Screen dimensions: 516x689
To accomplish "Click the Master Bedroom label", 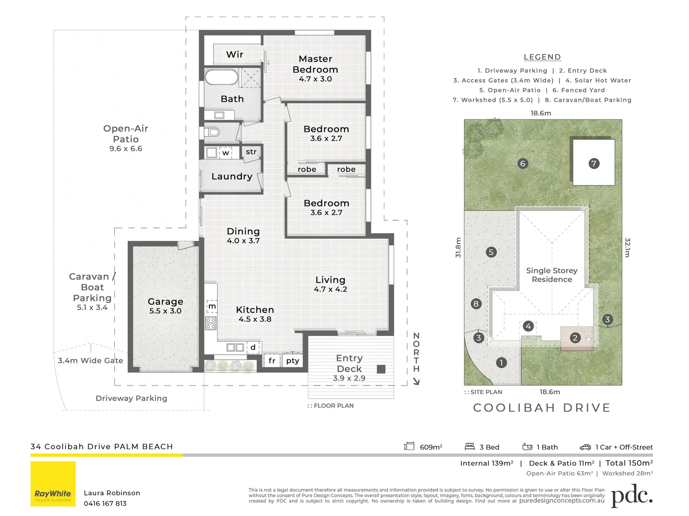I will pyautogui.click(x=315, y=64).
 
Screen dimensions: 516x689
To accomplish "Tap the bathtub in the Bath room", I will pyautogui.click(x=221, y=77).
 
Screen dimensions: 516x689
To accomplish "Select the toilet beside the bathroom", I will pyautogui.click(x=212, y=132).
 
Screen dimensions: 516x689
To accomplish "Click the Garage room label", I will pyautogui.click(x=165, y=301).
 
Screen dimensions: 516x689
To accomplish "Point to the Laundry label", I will pyautogui.click(x=231, y=176).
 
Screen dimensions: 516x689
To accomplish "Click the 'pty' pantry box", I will pyautogui.click(x=292, y=361).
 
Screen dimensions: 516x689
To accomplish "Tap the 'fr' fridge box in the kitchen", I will pyautogui.click(x=272, y=361).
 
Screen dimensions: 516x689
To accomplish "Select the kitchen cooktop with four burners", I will pyautogui.click(x=211, y=323).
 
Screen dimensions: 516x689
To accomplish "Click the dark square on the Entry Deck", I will pyautogui.click(x=381, y=369).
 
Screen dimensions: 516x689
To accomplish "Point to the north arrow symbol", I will pyautogui.click(x=416, y=381).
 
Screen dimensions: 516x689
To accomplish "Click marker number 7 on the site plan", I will pyautogui.click(x=593, y=163).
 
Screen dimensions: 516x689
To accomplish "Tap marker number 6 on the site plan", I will pyautogui.click(x=523, y=163).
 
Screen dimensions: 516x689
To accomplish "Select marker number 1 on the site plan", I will pyautogui.click(x=501, y=363).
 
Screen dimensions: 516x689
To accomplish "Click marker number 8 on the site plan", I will pyautogui.click(x=476, y=303).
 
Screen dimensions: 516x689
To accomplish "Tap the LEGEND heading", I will pyautogui.click(x=542, y=57).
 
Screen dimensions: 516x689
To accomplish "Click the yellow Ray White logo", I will pyautogui.click(x=53, y=484).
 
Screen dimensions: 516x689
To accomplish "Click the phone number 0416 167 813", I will pyautogui.click(x=105, y=503).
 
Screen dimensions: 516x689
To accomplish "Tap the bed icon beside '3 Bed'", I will pyautogui.click(x=470, y=447).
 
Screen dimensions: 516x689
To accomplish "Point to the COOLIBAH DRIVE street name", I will pyautogui.click(x=542, y=408).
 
